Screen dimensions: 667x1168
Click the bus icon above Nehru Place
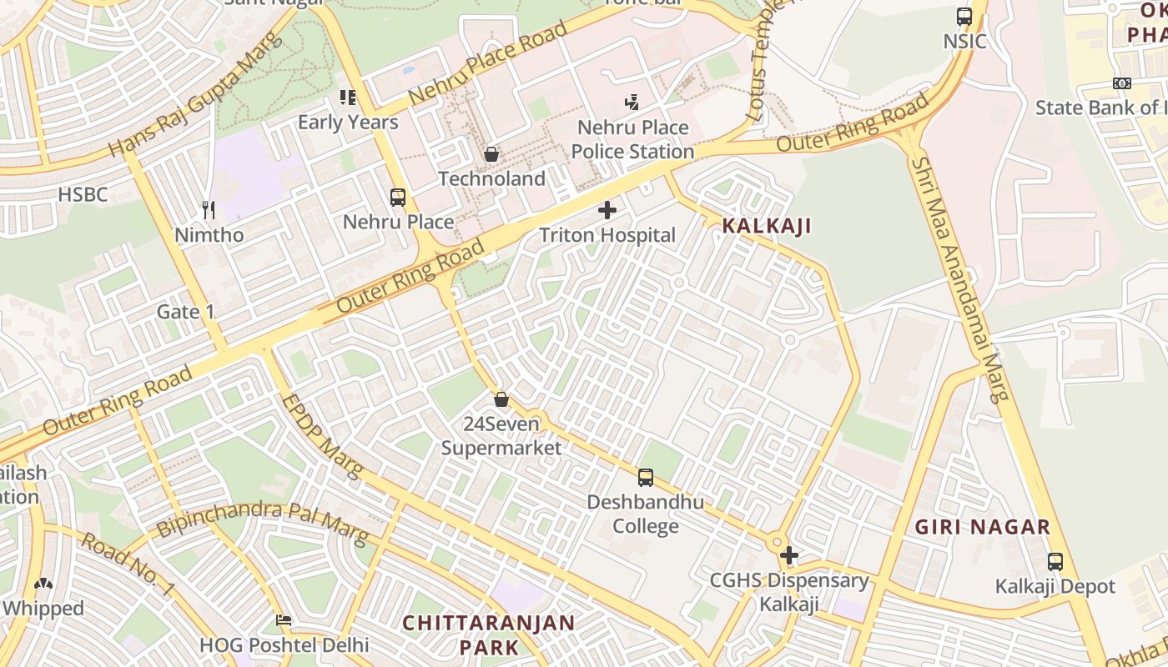click(x=398, y=198)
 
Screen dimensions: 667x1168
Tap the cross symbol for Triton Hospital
click(x=607, y=210)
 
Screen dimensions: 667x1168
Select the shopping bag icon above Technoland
click(x=491, y=154)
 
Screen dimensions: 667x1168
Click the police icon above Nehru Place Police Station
click(x=632, y=103)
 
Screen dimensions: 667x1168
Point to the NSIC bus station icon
click(x=964, y=16)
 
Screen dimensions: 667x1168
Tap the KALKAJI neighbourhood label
click(x=766, y=225)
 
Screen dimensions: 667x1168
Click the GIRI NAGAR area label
click(x=982, y=527)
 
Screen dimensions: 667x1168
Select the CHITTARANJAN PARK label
click(x=489, y=634)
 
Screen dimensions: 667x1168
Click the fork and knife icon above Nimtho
click(x=209, y=210)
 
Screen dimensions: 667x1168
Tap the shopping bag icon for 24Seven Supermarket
click(x=501, y=399)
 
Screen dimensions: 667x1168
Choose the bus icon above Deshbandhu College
click(x=645, y=478)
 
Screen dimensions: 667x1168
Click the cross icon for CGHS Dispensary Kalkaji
click(x=789, y=555)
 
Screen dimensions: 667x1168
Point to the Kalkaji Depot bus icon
click(x=1055, y=562)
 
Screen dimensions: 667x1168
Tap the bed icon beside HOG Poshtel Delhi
click(x=284, y=620)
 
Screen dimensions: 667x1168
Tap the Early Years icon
click(x=349, y=98)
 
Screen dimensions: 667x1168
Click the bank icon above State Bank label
click(x=1122, y=83)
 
